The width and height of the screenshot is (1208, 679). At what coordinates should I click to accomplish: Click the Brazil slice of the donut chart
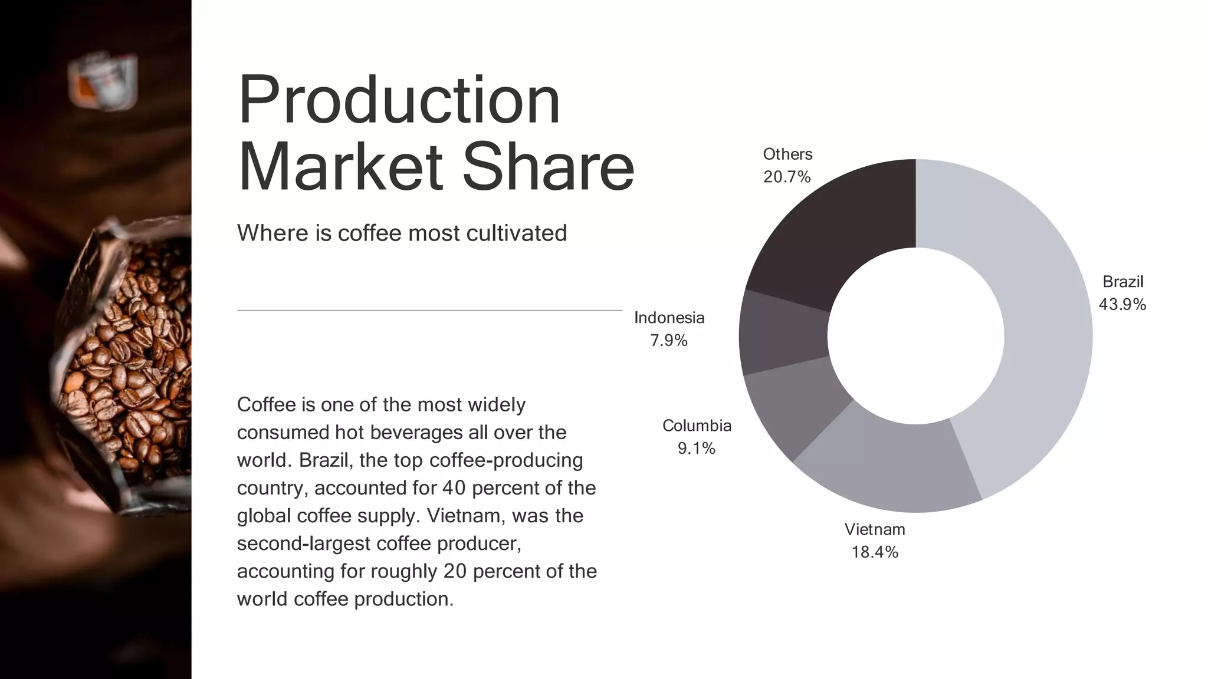[x=1044, y=330]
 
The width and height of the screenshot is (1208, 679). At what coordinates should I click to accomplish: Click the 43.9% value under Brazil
[x=1122, y=305]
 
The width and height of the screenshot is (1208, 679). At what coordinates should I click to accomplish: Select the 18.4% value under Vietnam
[x=875, y=552]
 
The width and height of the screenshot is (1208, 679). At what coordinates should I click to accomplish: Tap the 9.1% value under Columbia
[x=697, y=449]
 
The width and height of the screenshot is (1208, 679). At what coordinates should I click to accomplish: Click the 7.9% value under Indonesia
[x=669, y=341]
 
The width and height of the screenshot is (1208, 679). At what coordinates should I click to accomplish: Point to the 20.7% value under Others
[x=787, y=177]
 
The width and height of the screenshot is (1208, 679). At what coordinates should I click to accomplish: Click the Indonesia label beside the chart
[x=669, y=318]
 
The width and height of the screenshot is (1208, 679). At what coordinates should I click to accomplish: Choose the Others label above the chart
[x=787, y=154]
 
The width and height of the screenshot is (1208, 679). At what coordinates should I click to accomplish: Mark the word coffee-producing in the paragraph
[x=506, y=460]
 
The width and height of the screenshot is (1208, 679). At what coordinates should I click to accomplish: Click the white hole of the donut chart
[x=915, y=336]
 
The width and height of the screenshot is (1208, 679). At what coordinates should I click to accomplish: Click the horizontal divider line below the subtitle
[x=429, y=310]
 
